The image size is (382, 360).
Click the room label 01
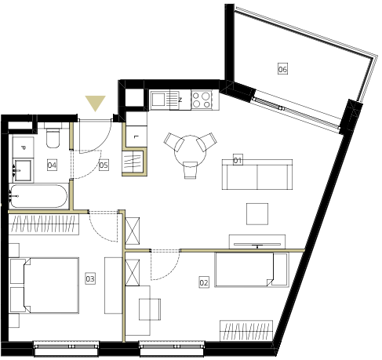coord(238,160)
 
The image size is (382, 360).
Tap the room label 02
coord(204,282)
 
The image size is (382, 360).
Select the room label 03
coord(90,278)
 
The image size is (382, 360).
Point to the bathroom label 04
coord(52,165)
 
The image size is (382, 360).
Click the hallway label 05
coord(104,165)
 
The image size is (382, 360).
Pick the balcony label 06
coord(282,69)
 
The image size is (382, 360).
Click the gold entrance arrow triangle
coord(95,102)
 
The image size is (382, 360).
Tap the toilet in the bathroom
coord(53,136)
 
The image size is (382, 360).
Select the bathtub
coord(38,196)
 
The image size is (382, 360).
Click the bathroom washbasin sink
coord(23,170)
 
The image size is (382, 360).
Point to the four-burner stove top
coord(202,100)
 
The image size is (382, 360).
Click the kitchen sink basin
coord(158,100)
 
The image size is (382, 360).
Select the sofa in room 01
coord(257,174)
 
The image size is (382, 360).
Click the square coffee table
coord(257,214)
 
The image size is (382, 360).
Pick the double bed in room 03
coord(45,285)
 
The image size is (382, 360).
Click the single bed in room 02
coord(252,270)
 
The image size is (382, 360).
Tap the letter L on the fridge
coord(135,136)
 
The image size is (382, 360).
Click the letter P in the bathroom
coord(23,148)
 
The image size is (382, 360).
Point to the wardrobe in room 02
coord(246,331)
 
